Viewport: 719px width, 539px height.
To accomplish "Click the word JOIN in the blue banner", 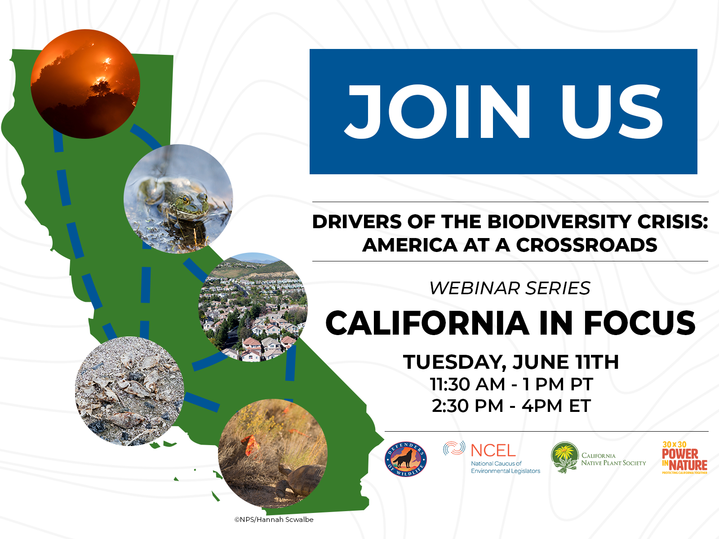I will (438, 111).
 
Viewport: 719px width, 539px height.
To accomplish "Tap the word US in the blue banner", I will (612, 111).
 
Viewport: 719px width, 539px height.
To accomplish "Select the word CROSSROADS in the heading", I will (586, 245).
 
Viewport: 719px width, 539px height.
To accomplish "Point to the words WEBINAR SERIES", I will (510, 288).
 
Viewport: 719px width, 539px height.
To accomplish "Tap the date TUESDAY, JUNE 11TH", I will (511, 362).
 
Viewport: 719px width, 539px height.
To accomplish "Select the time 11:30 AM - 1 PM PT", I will (511, 384).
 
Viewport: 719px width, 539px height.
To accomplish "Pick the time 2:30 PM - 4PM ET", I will (511, 406).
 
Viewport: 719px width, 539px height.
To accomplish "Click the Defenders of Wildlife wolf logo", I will (406, 459).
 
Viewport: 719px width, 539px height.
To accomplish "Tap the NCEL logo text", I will (493, 451).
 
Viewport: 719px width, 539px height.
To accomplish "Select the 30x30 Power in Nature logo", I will (684, 458).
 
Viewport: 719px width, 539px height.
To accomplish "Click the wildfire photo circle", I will (85, 84).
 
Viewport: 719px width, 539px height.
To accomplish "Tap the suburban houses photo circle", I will (253, 307).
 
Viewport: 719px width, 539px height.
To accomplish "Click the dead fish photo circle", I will (129, 391).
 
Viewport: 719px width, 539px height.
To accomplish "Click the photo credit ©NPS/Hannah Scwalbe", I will (274, 520).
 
